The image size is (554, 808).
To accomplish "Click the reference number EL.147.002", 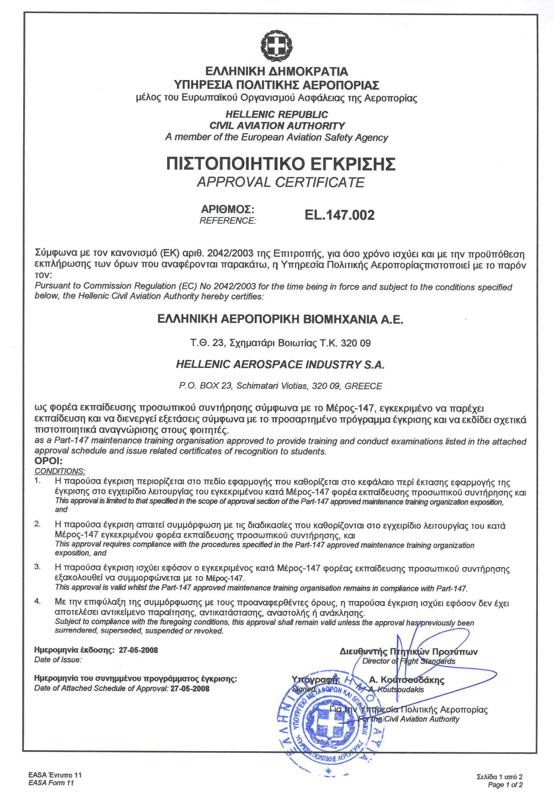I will tap(339, 215).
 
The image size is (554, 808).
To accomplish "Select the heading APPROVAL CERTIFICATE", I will tap(280, 182).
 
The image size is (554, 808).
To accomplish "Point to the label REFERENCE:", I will tap(228, 221).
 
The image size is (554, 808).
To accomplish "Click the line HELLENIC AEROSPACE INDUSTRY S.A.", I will tap(280, 365).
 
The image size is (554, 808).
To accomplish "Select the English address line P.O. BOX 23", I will tap(280, 386).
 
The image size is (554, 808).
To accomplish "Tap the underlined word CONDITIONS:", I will tap(59, 471).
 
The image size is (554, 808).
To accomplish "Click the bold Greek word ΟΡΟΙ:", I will tap(48, 462).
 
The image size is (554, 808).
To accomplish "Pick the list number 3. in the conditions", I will tap(38, 567).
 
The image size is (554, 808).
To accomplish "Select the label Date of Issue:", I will tap(58, 660).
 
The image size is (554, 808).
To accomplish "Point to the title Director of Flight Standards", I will tap(409, 661).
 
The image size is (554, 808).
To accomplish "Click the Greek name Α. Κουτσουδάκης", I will tap(406, 680).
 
